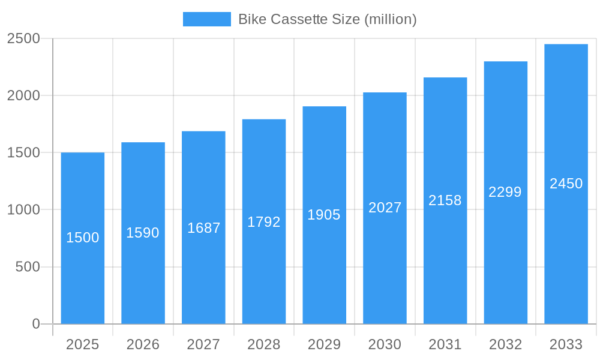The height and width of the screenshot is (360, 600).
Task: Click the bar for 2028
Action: point(264,270)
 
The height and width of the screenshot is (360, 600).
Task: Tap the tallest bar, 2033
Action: point(566,240)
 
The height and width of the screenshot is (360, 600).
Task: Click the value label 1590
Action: point(143,233)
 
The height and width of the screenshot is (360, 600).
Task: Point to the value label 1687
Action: point(204,228)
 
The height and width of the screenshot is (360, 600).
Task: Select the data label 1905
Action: point(324,215)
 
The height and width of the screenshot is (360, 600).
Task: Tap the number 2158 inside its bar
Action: point(445,200)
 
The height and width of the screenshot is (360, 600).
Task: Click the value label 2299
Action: point(505,192)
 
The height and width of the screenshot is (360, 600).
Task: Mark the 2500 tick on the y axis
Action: point(23,38)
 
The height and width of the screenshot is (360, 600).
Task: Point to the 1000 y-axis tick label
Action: point(23,210)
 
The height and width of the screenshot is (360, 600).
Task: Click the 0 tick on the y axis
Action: point(35,324)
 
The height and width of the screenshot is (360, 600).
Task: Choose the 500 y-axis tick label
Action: point(27,267)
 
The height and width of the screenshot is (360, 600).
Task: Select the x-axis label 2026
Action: point(143,344)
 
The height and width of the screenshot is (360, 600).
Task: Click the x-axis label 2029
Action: point(324,344)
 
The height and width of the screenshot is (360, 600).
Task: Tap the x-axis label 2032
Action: point(505,344)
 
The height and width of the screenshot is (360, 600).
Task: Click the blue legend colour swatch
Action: point(206,19)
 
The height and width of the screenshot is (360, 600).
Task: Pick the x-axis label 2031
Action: point(445,344)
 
